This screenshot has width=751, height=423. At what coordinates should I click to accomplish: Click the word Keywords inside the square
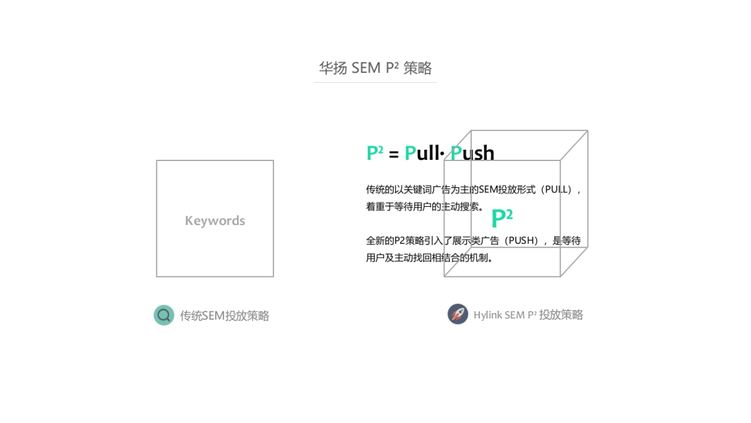pyautogui.click(x=215, y=221)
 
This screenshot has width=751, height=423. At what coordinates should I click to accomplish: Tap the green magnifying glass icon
pyautogui.click(x=164, y=315)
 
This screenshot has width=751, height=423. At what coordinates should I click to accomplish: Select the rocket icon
pyautogui.click(x=457, y=314)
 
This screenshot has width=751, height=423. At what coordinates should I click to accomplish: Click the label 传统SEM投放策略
pyautogui.click(x=225, y=316)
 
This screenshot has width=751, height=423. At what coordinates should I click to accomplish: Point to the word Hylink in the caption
pyautogui.click(x=488, y=315)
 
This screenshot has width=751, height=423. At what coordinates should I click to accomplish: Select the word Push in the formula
pyautogui.click(x=473, y=152)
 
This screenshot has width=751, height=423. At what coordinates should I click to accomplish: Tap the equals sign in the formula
pyautogui.click(x=394, y=154)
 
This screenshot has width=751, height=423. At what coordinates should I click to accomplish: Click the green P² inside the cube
pyautogui.click(x=502, y=218)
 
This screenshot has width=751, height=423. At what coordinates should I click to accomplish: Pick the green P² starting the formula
pyautogui.click(x=375, y=152)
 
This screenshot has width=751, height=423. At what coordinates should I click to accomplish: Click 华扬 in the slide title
pyautogui.click(x=333, y=68)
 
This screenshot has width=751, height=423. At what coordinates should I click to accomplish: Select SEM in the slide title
pyautogui.click(x=366, y=68)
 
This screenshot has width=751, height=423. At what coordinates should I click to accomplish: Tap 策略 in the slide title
pyautogui.click(x=417, y=68)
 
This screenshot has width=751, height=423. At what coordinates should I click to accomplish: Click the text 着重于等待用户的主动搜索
pyautogui.click(x=424, y=207)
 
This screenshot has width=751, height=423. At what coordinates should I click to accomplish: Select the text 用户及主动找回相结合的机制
pyautogui.click(x=429, y=258)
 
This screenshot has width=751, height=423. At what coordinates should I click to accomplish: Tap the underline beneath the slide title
pyautogui.click(x=375, y=82)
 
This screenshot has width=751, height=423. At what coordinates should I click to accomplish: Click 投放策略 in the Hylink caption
pyautogui.click(x=561, y=315)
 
